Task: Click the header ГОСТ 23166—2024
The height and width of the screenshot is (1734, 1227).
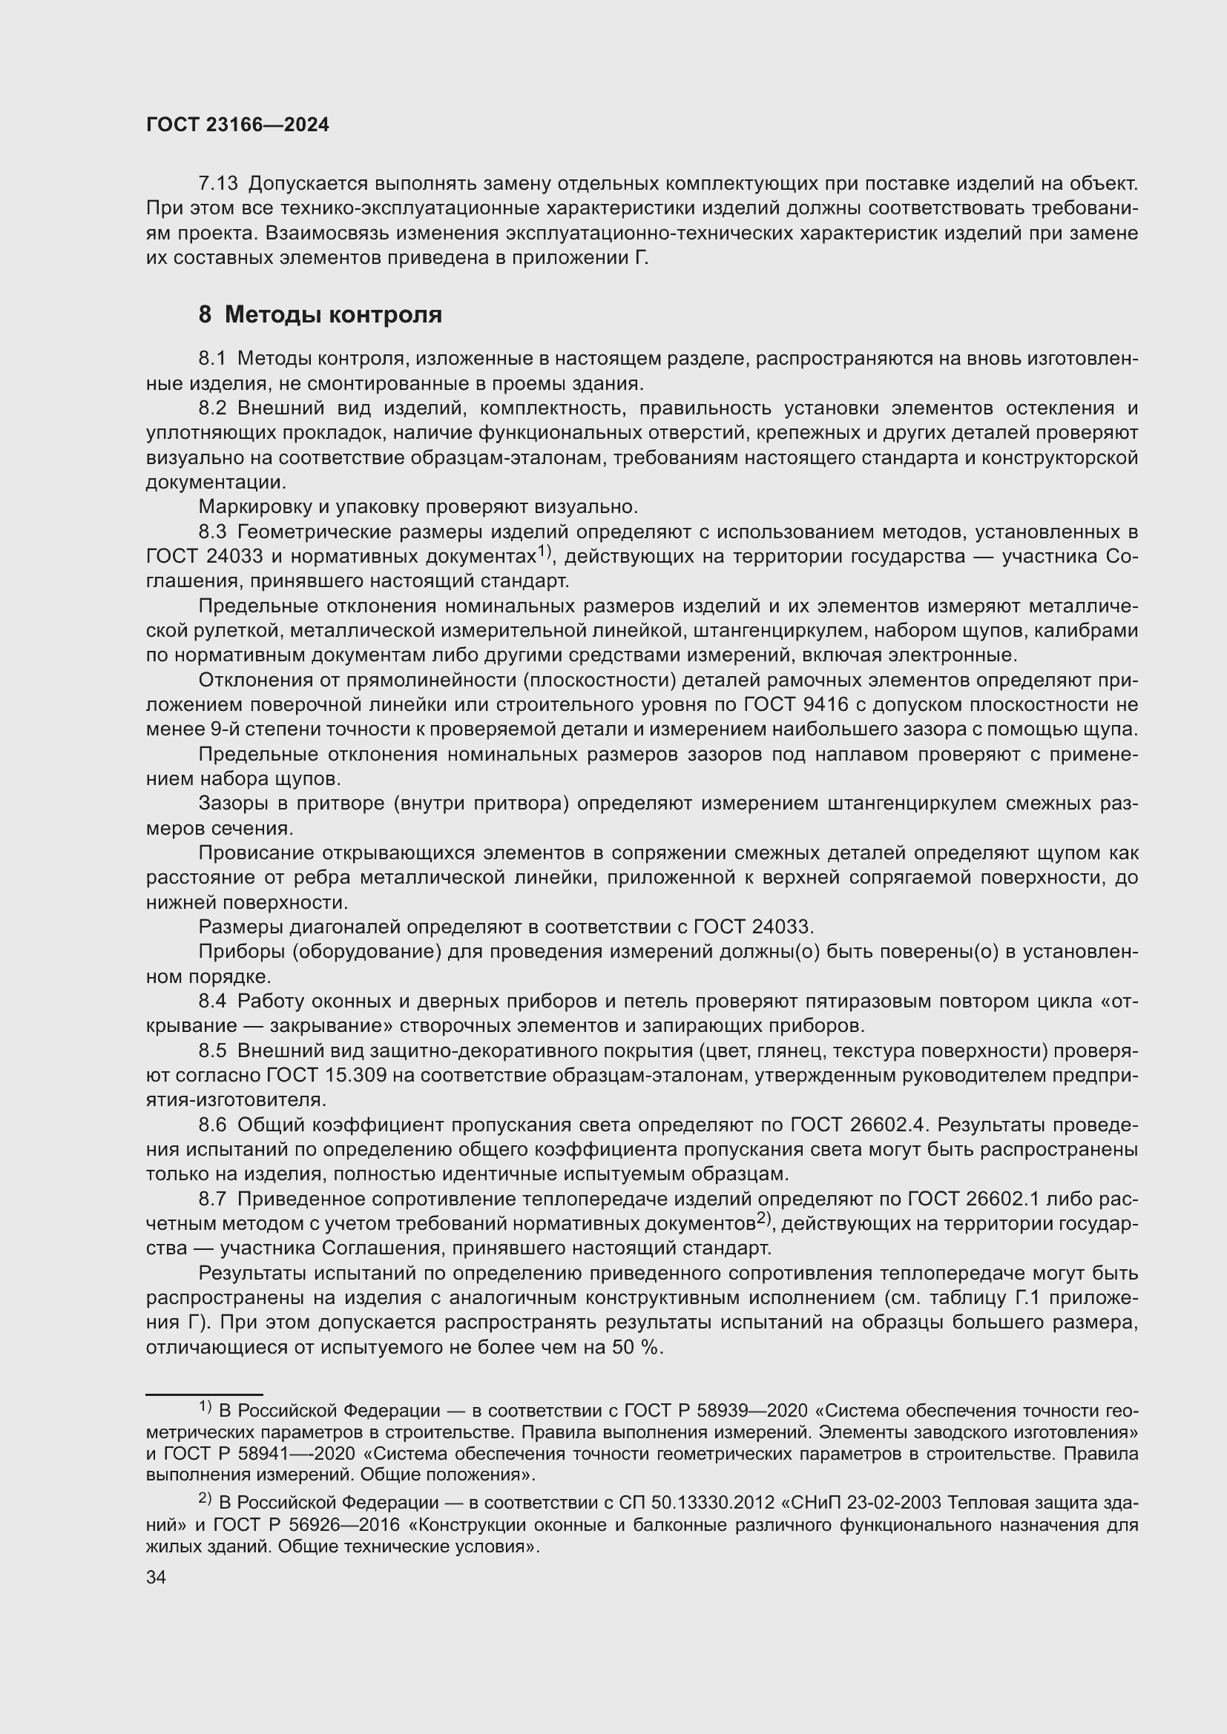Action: [x=238, y=125]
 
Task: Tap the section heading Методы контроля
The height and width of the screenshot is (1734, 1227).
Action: [x=332, y=314]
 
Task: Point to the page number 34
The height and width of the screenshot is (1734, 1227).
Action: [x=157, y=1578]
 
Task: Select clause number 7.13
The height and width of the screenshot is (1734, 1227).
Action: [x=218, y=184]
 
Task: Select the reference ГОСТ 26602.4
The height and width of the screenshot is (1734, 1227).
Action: [x=858, y=1125]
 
